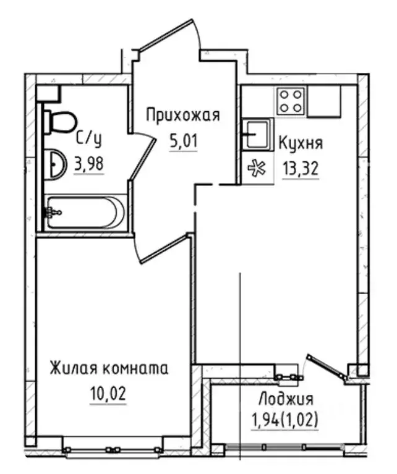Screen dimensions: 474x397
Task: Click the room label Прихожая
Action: click(182, 114)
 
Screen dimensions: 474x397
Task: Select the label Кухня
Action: click(301, 143)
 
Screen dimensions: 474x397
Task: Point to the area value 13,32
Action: click(301, 169)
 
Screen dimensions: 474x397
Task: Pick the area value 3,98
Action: click(88, 165)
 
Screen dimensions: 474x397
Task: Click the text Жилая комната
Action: click(109, 369)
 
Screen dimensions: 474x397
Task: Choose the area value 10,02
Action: click(109, 395)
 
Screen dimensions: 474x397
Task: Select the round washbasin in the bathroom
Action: click(56, 164)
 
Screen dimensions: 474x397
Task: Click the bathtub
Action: click(85, 212)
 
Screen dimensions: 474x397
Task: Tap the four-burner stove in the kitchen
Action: click(291, 100)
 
